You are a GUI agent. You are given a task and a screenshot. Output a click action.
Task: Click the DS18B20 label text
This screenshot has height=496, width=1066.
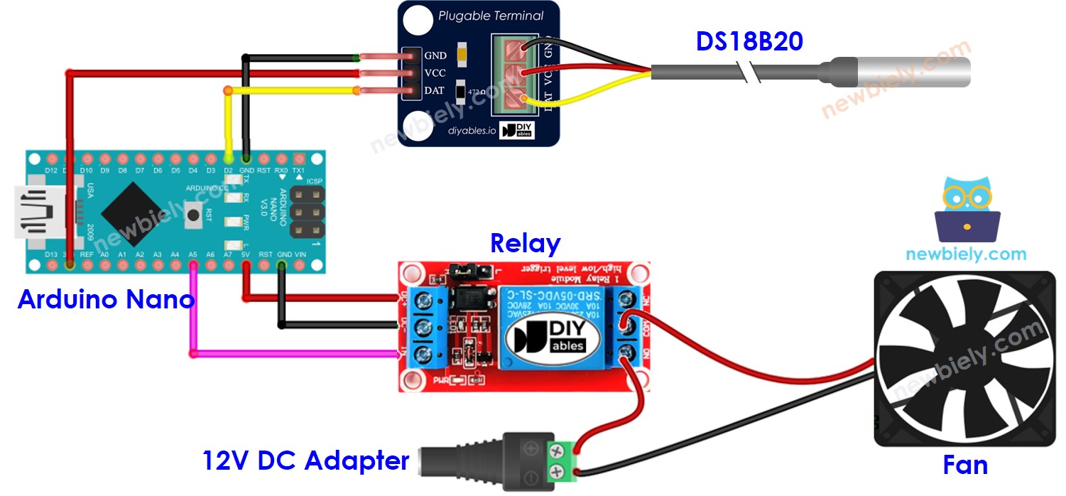[x=749, y=41]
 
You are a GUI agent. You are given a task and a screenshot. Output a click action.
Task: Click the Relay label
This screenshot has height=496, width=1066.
[x=525, y=244]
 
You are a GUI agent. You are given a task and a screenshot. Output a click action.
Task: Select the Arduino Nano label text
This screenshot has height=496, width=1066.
[x=106, y=299]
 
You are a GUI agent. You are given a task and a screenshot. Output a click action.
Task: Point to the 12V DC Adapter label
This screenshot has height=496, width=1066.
[x=306, y=460]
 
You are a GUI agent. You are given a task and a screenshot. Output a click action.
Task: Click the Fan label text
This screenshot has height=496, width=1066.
[x=965, y=465]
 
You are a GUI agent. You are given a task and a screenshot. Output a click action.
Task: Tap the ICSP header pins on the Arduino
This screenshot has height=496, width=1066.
[x=307, y=212]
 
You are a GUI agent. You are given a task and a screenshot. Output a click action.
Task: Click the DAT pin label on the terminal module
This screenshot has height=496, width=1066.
[x=435, y=91]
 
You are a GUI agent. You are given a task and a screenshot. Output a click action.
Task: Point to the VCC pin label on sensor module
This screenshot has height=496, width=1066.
[x=435, y=73]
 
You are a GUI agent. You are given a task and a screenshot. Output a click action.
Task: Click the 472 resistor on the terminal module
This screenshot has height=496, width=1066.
[x=461, y=91]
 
